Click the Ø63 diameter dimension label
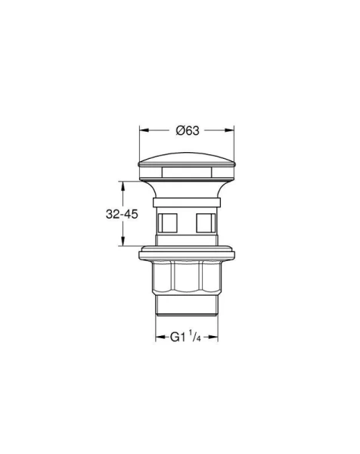187,131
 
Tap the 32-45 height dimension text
121,214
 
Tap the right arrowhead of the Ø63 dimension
231,130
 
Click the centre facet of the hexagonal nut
187,281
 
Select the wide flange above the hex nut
187,253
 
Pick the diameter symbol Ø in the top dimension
179,131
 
